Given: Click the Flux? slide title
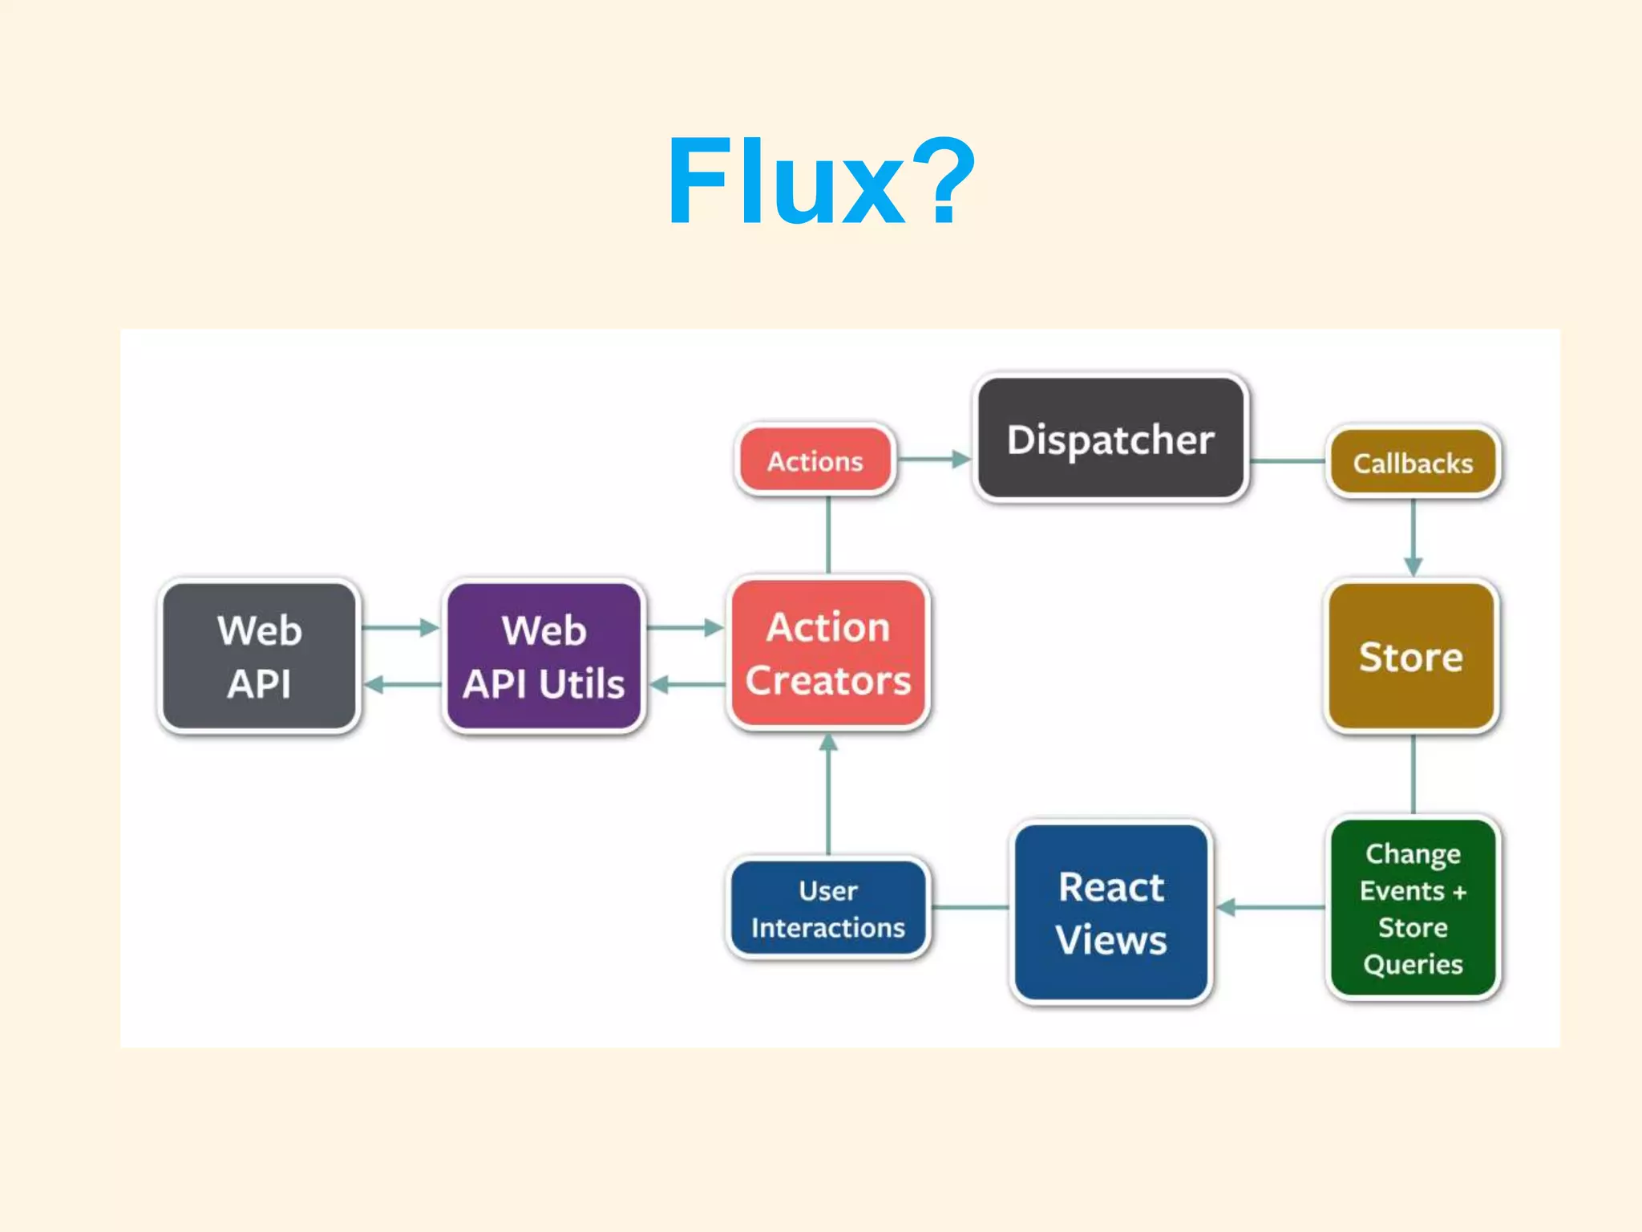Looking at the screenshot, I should click(x=821, y=183).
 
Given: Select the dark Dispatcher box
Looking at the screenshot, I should click(x=1110, y=439).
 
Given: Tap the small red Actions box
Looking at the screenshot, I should click(x=815, y=460).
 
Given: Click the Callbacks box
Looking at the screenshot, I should click(x=1413, y=463).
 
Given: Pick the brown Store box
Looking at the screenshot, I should click(x=1411, y=656).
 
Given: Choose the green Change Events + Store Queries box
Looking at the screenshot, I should click(x=1413, y=907).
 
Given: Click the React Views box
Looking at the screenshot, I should click(x=1110, y=913).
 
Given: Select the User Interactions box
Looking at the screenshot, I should click(x=827, y=908).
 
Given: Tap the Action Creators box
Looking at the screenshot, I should click(x=827, y=654).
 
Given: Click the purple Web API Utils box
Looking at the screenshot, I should click(x=544, y=656).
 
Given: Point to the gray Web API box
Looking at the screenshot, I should click(x=259, y=656).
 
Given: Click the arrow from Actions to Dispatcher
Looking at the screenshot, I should click(x=933, y=460).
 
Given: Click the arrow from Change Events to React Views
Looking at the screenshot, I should click(x=1270, y=907).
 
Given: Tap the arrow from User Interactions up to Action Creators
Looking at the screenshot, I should click(x=828, y=794).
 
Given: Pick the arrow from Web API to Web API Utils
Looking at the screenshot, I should click(x=400, y=627).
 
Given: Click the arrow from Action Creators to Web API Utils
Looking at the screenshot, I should click(x=687, y=684).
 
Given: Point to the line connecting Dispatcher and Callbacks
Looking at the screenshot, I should click(x=1287, y=461).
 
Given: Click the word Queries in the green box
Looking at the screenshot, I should click(x=1413, y=963).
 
